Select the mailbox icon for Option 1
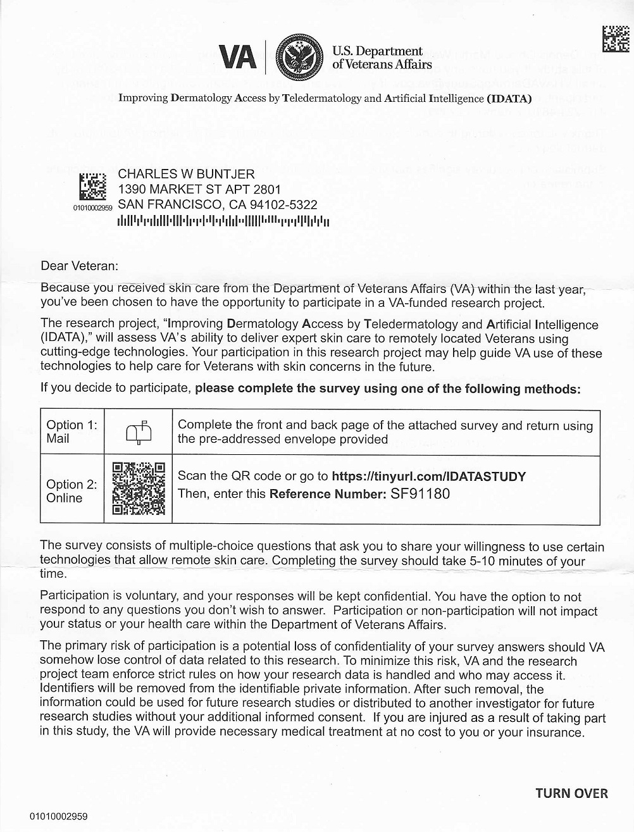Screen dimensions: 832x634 tap(139, 433)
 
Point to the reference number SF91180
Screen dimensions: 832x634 tap(420, 494)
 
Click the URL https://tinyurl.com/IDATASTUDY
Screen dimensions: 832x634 tap(428, 476)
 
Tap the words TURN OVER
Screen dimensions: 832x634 tap(571, 793)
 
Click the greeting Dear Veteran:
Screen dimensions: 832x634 tap(79, 266)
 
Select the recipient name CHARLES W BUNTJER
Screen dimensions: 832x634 tap(187, 174)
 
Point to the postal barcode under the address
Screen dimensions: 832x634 tap(223, 221)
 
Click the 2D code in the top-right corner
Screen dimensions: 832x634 tap(616, 39)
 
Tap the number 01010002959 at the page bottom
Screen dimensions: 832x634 tap(58, 816)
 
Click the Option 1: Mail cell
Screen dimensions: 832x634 tap(71, 432)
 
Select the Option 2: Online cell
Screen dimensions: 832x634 tap(71, 491)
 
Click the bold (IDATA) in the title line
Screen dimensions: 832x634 tap(509, 99)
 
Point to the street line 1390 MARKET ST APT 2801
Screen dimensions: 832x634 tap(199, 189)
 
